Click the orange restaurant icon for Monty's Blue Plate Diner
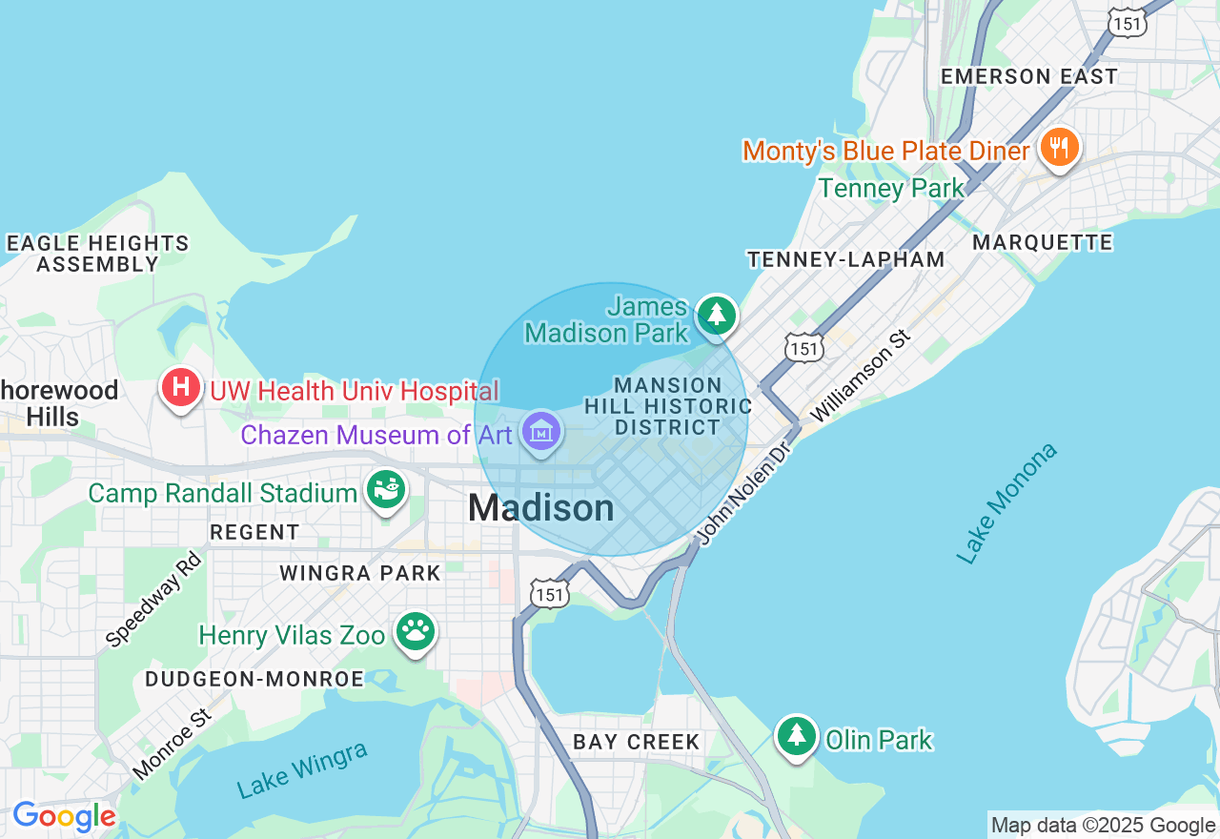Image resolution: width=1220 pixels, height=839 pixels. pos(1059,149)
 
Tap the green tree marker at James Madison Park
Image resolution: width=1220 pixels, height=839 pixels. pos(717,315)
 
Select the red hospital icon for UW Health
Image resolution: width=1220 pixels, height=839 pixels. pos(181,388)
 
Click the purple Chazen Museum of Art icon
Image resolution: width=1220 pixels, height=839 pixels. pos(541,433)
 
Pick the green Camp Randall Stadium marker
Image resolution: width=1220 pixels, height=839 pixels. pos(386,491)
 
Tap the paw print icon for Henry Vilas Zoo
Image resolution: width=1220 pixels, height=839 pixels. pos(416,632)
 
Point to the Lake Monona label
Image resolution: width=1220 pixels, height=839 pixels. pos(1006,502)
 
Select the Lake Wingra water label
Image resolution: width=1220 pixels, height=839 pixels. pos(302,770)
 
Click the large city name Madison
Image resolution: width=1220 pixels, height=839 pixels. pos(540,508)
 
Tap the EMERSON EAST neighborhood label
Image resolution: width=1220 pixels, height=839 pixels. pos(1028,77)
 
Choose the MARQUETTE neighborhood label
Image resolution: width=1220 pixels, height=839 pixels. pos(1042,243)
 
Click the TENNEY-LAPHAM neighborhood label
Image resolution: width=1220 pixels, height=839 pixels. pos(845,259)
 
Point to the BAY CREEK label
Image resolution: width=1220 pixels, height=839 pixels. pos(637,742)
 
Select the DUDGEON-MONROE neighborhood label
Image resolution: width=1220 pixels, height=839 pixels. pos(254,679)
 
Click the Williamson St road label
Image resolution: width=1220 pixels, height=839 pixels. pos(861,377)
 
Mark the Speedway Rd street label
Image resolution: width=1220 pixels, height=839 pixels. pos(154,600)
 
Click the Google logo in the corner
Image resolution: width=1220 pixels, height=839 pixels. pos(64,817)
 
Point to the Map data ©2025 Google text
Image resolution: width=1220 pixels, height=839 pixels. pos(1103,826)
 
